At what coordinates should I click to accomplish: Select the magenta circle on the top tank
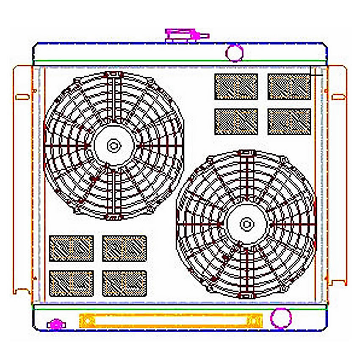pos(234,53)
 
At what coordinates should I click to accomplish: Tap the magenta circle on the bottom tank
pos(280,319)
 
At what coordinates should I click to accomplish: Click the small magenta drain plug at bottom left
pos(55,324)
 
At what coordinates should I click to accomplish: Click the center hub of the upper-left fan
pos(114,146)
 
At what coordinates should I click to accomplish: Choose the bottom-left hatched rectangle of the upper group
pos(236,122)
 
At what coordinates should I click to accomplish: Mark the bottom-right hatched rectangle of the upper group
pos(289,122)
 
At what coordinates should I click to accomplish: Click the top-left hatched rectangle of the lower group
pos(71,248)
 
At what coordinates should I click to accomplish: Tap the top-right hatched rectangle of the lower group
pos(125,248)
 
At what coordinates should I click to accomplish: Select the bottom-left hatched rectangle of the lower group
pos(71,283)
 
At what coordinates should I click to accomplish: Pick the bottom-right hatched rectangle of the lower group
pos(125,283)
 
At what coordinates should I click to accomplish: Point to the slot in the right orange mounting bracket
pos(339,97)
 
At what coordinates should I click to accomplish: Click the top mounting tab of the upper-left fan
pos(114,75)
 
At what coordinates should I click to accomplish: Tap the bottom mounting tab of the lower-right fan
pos(246,295)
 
